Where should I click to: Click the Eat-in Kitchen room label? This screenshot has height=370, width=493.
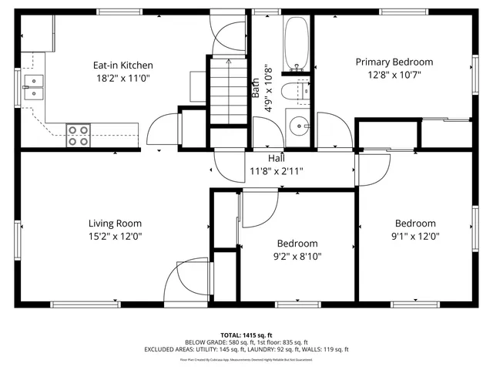coord(123,66)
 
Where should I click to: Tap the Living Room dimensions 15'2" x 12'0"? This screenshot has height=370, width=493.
coord(115,237)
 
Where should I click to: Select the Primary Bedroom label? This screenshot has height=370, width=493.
coord(394,62)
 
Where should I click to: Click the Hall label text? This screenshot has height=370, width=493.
coord(275,158)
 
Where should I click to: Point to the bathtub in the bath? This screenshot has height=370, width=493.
coord(297,42)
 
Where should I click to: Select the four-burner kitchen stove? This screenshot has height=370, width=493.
coord(77,135)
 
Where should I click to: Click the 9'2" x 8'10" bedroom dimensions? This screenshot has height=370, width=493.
coord(297,257)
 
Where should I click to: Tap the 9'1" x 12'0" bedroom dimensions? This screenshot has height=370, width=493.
coord(415,237)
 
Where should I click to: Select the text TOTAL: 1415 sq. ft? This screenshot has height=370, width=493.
coord(246,335)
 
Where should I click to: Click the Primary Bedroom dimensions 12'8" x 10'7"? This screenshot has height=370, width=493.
coord(394,75)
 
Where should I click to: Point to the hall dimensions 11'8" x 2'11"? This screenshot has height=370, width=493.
coord(275,170)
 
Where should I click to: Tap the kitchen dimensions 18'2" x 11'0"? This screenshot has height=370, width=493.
coord(123,78)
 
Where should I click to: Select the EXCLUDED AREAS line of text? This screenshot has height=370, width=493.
coord(246,350)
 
